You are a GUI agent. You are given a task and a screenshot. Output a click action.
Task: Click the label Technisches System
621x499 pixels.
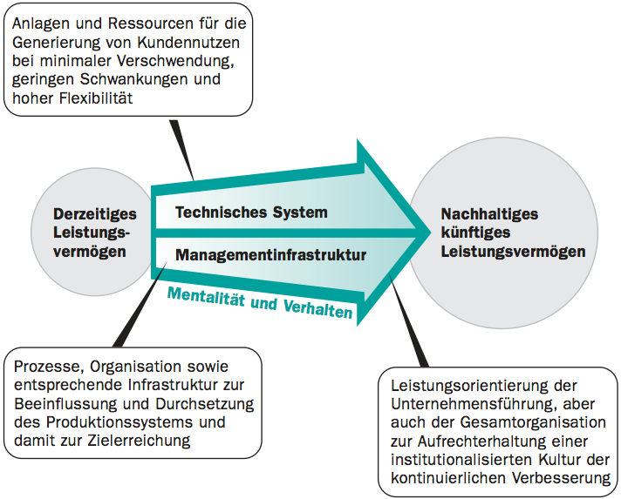point(251,212)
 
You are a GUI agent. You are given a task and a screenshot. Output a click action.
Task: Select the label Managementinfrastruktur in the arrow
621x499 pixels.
point(271,255)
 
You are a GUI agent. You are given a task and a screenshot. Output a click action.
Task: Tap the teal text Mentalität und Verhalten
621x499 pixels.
point(260,303)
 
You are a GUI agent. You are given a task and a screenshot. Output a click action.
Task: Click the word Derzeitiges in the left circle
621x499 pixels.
point(95,214)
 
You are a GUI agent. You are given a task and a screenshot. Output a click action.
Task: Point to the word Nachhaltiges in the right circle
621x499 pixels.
point(489,214)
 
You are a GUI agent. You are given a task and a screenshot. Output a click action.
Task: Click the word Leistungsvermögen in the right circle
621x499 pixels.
point(513,252)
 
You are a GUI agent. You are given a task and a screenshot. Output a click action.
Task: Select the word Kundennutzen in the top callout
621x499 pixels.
point(188,43)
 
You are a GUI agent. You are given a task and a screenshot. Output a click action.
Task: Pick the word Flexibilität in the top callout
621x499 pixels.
point(96,98)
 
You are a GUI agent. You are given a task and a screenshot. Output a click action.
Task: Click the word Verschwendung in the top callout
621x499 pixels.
point(175,61)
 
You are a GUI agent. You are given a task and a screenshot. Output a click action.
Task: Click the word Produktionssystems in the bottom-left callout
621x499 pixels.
point(120,421)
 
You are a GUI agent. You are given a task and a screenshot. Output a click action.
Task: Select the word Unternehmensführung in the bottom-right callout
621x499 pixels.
point(474,404)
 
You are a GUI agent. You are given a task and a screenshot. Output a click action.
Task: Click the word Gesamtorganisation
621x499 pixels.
point(533,422)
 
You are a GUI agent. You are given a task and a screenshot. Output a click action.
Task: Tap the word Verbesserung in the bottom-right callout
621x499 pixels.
point(561,478)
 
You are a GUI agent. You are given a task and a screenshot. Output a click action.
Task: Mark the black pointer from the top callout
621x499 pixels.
point(181,151)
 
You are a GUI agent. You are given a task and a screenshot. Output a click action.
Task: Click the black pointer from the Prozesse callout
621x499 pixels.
point(140,304)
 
